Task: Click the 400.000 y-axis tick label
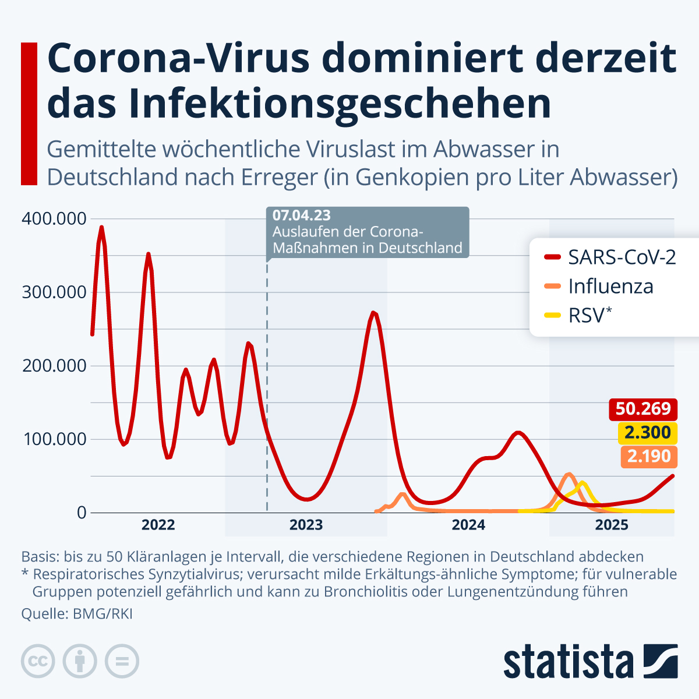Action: tap(54, 219)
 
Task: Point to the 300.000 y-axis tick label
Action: tap(54, 292)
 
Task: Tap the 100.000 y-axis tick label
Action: tap(54, 439)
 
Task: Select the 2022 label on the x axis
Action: tap(158, 525)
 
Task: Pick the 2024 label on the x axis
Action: tap(468, 525)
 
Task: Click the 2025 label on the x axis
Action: tap(612, 525)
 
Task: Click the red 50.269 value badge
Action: tap(643, 409)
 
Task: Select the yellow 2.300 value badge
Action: tap(648, 433)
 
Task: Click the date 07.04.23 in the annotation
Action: tap(301, 216)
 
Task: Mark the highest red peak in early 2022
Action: tap(101, 227)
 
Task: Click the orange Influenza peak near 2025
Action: tap(569, 474)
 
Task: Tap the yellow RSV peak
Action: tap(581, 483)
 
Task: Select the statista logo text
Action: tap(568, 662)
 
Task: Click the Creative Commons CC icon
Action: tap(38, 661)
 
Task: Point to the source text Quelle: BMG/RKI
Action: tap(77, 614)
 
